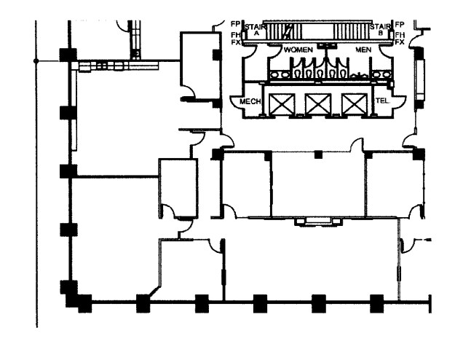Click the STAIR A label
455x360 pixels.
click(256, 29)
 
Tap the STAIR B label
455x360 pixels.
click(380, 29)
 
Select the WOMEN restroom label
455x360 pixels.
click(298, 49)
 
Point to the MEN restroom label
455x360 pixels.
click(363, 49)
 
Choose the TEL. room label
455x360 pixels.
click(381, 101)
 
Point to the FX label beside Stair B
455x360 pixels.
click(400, 42)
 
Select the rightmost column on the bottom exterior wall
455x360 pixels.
click(376, 302)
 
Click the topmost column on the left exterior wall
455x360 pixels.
click(68, 55)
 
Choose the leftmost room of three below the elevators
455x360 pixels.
click(246, 184)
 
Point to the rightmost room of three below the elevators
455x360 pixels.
click(393, 184)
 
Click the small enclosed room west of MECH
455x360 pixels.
click(198, 66)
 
